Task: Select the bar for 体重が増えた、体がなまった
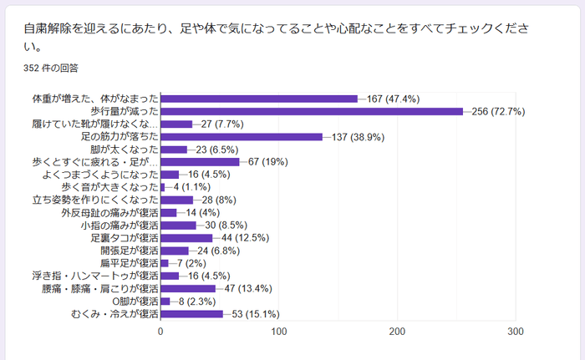click(x=259, y=99)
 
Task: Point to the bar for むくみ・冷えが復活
click(x=191, y=314)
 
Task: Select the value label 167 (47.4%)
click(x=393, y=99)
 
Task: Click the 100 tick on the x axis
click(x=279, y=332)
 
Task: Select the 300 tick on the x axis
click(x=516, y=332)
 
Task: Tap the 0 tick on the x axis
click(x=160, y=332)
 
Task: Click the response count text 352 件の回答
click(x=52, y=68)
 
